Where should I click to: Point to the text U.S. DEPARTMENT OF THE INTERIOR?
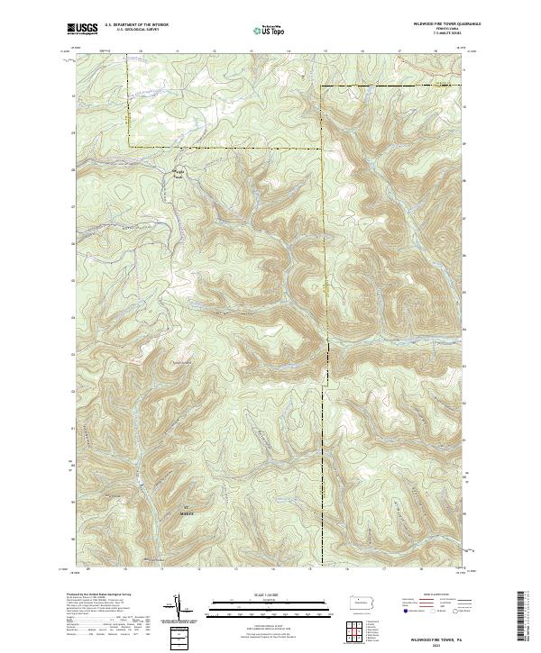click(x=136, y=26)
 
